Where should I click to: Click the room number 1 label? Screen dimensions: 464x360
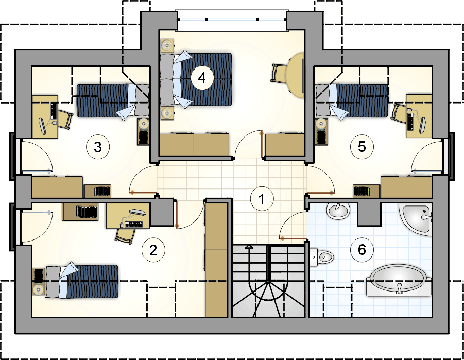[x=262, y=199]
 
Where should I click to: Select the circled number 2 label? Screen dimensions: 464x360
[x=153, y=250]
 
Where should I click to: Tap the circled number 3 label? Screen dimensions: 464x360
[x=98, y=147]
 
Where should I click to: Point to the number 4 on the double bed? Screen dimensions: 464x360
[x=202, y=78]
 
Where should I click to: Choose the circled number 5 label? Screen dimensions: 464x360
[x=362, y=147]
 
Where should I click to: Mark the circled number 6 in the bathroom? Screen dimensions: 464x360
[x=362, y=250]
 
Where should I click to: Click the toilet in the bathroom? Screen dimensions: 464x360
[x=322, y=256]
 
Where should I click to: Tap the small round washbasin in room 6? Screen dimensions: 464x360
[x=338, y=211]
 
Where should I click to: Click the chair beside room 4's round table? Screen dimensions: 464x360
[x=278, y=73]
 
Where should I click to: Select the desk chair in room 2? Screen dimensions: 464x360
[x=125, y=236]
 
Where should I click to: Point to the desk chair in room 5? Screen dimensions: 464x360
[x=399, y=112]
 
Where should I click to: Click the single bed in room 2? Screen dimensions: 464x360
[x=82, y=281]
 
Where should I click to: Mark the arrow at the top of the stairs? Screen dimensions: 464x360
[x=250, y=246]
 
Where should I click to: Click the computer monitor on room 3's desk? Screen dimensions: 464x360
[x=43, y=126]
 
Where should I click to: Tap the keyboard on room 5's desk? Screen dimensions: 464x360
[x=411, y=122]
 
